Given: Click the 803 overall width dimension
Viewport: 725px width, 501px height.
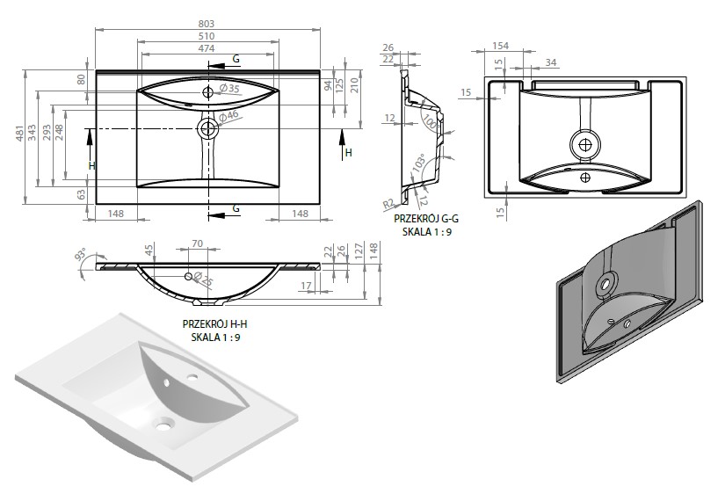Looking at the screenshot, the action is (x=207, y=23).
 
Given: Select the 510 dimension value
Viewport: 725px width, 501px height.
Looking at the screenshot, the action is (x=207, y=36).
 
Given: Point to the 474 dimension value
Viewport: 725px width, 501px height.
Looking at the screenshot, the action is (x=207, y=48).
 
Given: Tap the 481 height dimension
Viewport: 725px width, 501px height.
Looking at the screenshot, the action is (x=19, y=134).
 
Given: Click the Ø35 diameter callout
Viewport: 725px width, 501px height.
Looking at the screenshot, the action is (x=229, y=88).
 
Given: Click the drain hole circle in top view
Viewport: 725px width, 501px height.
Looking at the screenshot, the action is (x=208, y=128).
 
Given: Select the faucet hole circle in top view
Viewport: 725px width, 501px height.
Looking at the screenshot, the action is (x=208, y=92).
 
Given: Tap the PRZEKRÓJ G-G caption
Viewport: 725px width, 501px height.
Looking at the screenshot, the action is (x=426, y=218).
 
